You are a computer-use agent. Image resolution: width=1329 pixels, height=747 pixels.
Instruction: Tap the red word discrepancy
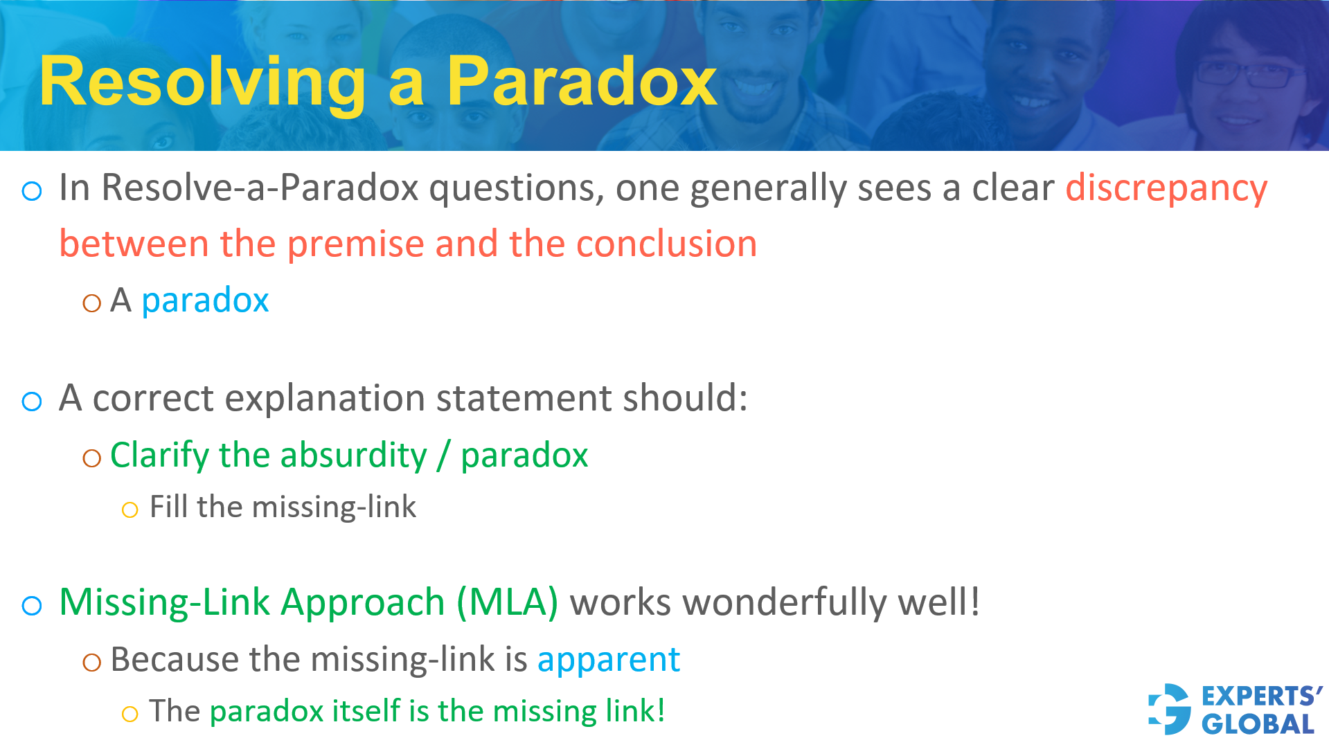[1166, 188]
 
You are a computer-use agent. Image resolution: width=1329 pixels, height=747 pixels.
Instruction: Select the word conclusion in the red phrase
[666, 244]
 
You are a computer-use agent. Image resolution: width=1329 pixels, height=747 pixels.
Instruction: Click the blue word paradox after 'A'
[205, 300]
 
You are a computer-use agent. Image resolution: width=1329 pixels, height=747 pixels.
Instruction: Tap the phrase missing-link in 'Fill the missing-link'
[334, 507]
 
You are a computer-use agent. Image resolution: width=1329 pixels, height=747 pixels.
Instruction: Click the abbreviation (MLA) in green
[507, 602]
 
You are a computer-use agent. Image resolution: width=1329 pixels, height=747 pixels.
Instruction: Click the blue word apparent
[608, 659]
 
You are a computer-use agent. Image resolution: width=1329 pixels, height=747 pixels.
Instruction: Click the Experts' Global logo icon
[1170, 709]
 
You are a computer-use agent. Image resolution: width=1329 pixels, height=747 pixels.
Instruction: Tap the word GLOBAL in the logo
[1258, 724]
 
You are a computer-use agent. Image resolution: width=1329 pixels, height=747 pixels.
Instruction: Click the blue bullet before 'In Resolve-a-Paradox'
[32, 190]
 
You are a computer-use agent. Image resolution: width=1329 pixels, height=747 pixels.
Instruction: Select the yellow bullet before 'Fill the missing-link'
[130, 511]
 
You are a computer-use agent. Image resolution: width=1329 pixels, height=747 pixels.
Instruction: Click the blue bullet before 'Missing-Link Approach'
[32, 606]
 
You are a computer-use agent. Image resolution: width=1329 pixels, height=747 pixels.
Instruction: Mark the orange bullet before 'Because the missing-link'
[91, 663]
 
